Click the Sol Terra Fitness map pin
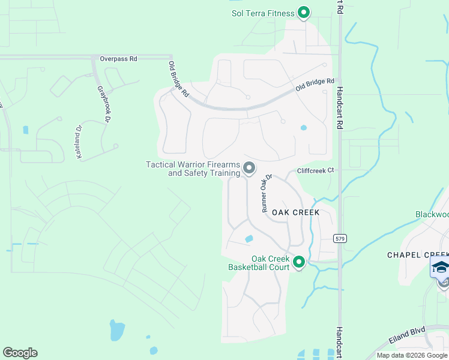coord(304,13)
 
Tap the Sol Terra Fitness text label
coord(263,13)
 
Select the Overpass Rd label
coord(118,59)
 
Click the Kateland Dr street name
coord(78,142)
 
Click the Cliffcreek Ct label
coord(315,170)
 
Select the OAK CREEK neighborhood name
coord(295,212)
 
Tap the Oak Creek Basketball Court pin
coord(299,262)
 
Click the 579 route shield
coord(340,238)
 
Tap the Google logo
coord(20,353)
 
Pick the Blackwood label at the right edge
coord(432,214)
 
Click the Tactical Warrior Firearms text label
coord(193,169)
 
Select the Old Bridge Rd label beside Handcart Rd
coord(315,85)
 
